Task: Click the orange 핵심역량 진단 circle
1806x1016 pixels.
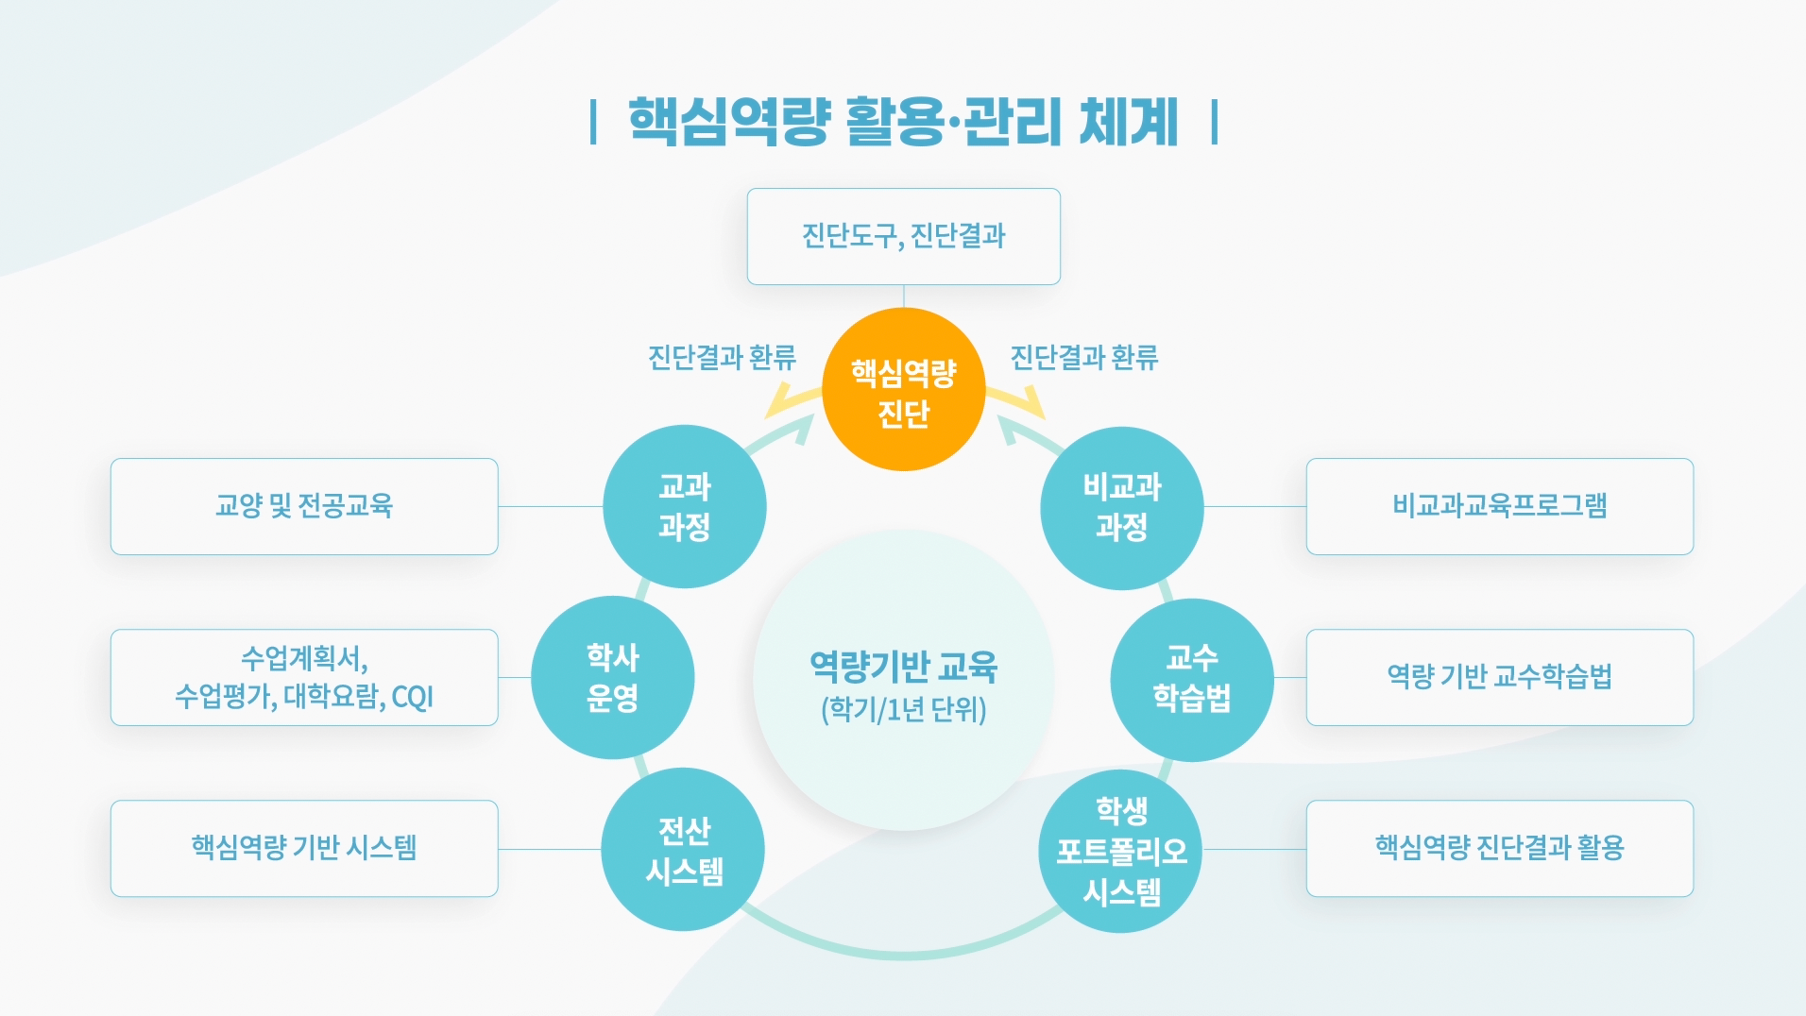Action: [903, 389]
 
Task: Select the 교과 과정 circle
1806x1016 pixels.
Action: [684, 506]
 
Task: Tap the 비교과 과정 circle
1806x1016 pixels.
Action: [1121, 507]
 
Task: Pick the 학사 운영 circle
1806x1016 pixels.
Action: [612, 677]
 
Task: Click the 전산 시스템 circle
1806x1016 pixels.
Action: [683, 849]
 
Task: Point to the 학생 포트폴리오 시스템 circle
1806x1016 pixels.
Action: [1120, 851]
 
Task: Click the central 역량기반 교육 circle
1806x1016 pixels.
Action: [903, 680]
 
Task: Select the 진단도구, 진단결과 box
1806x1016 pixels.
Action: [903, 236]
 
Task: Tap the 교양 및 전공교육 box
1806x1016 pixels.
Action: [304, 506]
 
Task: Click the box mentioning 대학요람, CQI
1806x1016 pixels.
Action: [304, 677]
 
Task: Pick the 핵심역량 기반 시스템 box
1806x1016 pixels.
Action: [304, 848]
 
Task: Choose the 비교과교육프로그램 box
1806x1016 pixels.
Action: [1499, 506]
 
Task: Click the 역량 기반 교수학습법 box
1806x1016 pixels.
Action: [1499, 677]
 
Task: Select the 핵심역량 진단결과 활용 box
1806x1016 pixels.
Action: [1499, 848]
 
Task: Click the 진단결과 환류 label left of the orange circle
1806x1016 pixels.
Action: [722, 358]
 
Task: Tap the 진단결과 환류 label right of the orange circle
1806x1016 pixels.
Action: [1084, 358]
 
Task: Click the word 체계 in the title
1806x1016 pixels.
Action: [1128, 123]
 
